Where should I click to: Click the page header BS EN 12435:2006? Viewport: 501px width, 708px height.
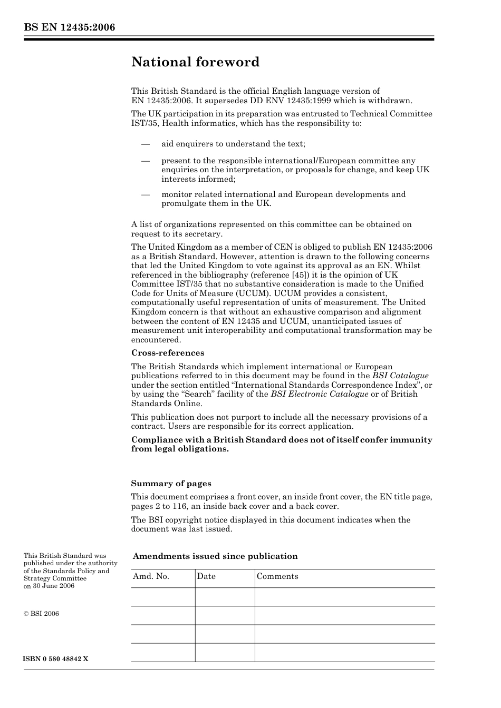(69, 27)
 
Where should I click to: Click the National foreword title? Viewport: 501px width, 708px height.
(195, 62)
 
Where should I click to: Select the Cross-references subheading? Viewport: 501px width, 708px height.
(168, 353)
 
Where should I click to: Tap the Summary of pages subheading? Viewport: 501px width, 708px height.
(171, 484)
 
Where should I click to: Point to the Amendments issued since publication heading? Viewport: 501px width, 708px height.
(215, 556)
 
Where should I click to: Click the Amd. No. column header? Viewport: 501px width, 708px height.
(151, 576)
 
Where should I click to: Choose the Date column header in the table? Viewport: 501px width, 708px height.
(206, 576)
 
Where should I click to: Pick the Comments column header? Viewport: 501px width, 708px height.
(277, 576)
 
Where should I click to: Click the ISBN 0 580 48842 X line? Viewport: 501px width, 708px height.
(56, 659)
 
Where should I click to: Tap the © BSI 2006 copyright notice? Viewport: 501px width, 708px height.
(41, 614)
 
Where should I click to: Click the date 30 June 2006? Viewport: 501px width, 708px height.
(53, 586)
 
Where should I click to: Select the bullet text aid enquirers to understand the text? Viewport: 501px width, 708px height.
(233, 144)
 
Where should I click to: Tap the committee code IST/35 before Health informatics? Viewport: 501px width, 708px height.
(144, 123)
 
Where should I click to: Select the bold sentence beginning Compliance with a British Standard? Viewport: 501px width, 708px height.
(281, 444)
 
